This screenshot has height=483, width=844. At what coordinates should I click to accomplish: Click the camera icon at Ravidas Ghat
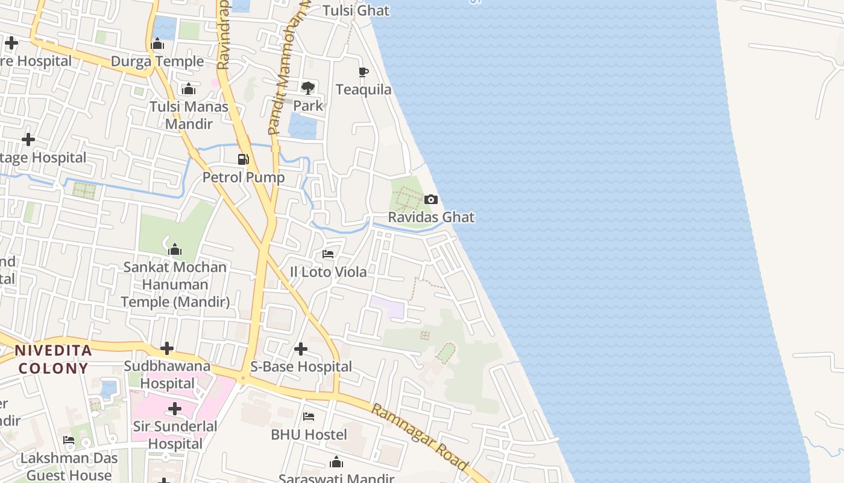(x=431, y=199)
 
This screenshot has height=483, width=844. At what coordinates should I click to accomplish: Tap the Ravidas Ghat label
(x=431, y=217)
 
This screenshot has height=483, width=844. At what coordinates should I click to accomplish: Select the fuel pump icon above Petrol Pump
(x=244, y=159)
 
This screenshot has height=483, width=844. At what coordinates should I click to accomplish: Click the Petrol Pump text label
(x=244, y=178)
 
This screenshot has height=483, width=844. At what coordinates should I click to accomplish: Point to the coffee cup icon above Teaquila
(x=364, y=72)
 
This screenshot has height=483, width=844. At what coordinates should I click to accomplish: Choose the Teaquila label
(x=364, y=90)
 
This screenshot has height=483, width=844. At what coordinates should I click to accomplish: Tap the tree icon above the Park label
(x=308, y=88)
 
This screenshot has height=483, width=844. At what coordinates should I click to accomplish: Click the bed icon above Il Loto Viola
(x=328, y=254)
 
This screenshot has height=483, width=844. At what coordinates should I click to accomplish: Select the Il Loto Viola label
(x=328, y=272)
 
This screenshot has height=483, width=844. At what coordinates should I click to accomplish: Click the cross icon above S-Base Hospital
(x=301, y=349)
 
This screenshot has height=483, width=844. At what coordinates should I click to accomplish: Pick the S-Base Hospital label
(x=301, y=366)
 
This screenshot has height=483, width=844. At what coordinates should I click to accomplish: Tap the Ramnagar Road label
(x=420, y=437)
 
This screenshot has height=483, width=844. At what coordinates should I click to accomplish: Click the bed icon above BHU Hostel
(x=309, y=417)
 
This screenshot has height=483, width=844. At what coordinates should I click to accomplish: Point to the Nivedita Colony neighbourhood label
(x=53, y=359)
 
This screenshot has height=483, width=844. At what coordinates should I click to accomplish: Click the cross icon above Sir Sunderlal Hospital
(x=175, y=409)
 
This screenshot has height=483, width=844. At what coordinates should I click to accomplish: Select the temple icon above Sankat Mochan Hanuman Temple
(x=175, y=249)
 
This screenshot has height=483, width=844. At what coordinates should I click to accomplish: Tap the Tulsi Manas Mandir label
(x=189, y=115)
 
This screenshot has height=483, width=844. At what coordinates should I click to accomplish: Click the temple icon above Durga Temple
(x=157, y=44)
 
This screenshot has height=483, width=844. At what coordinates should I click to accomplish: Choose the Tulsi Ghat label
(x=356, y=10)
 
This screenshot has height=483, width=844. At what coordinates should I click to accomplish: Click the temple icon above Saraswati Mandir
(x=336, y=462)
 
